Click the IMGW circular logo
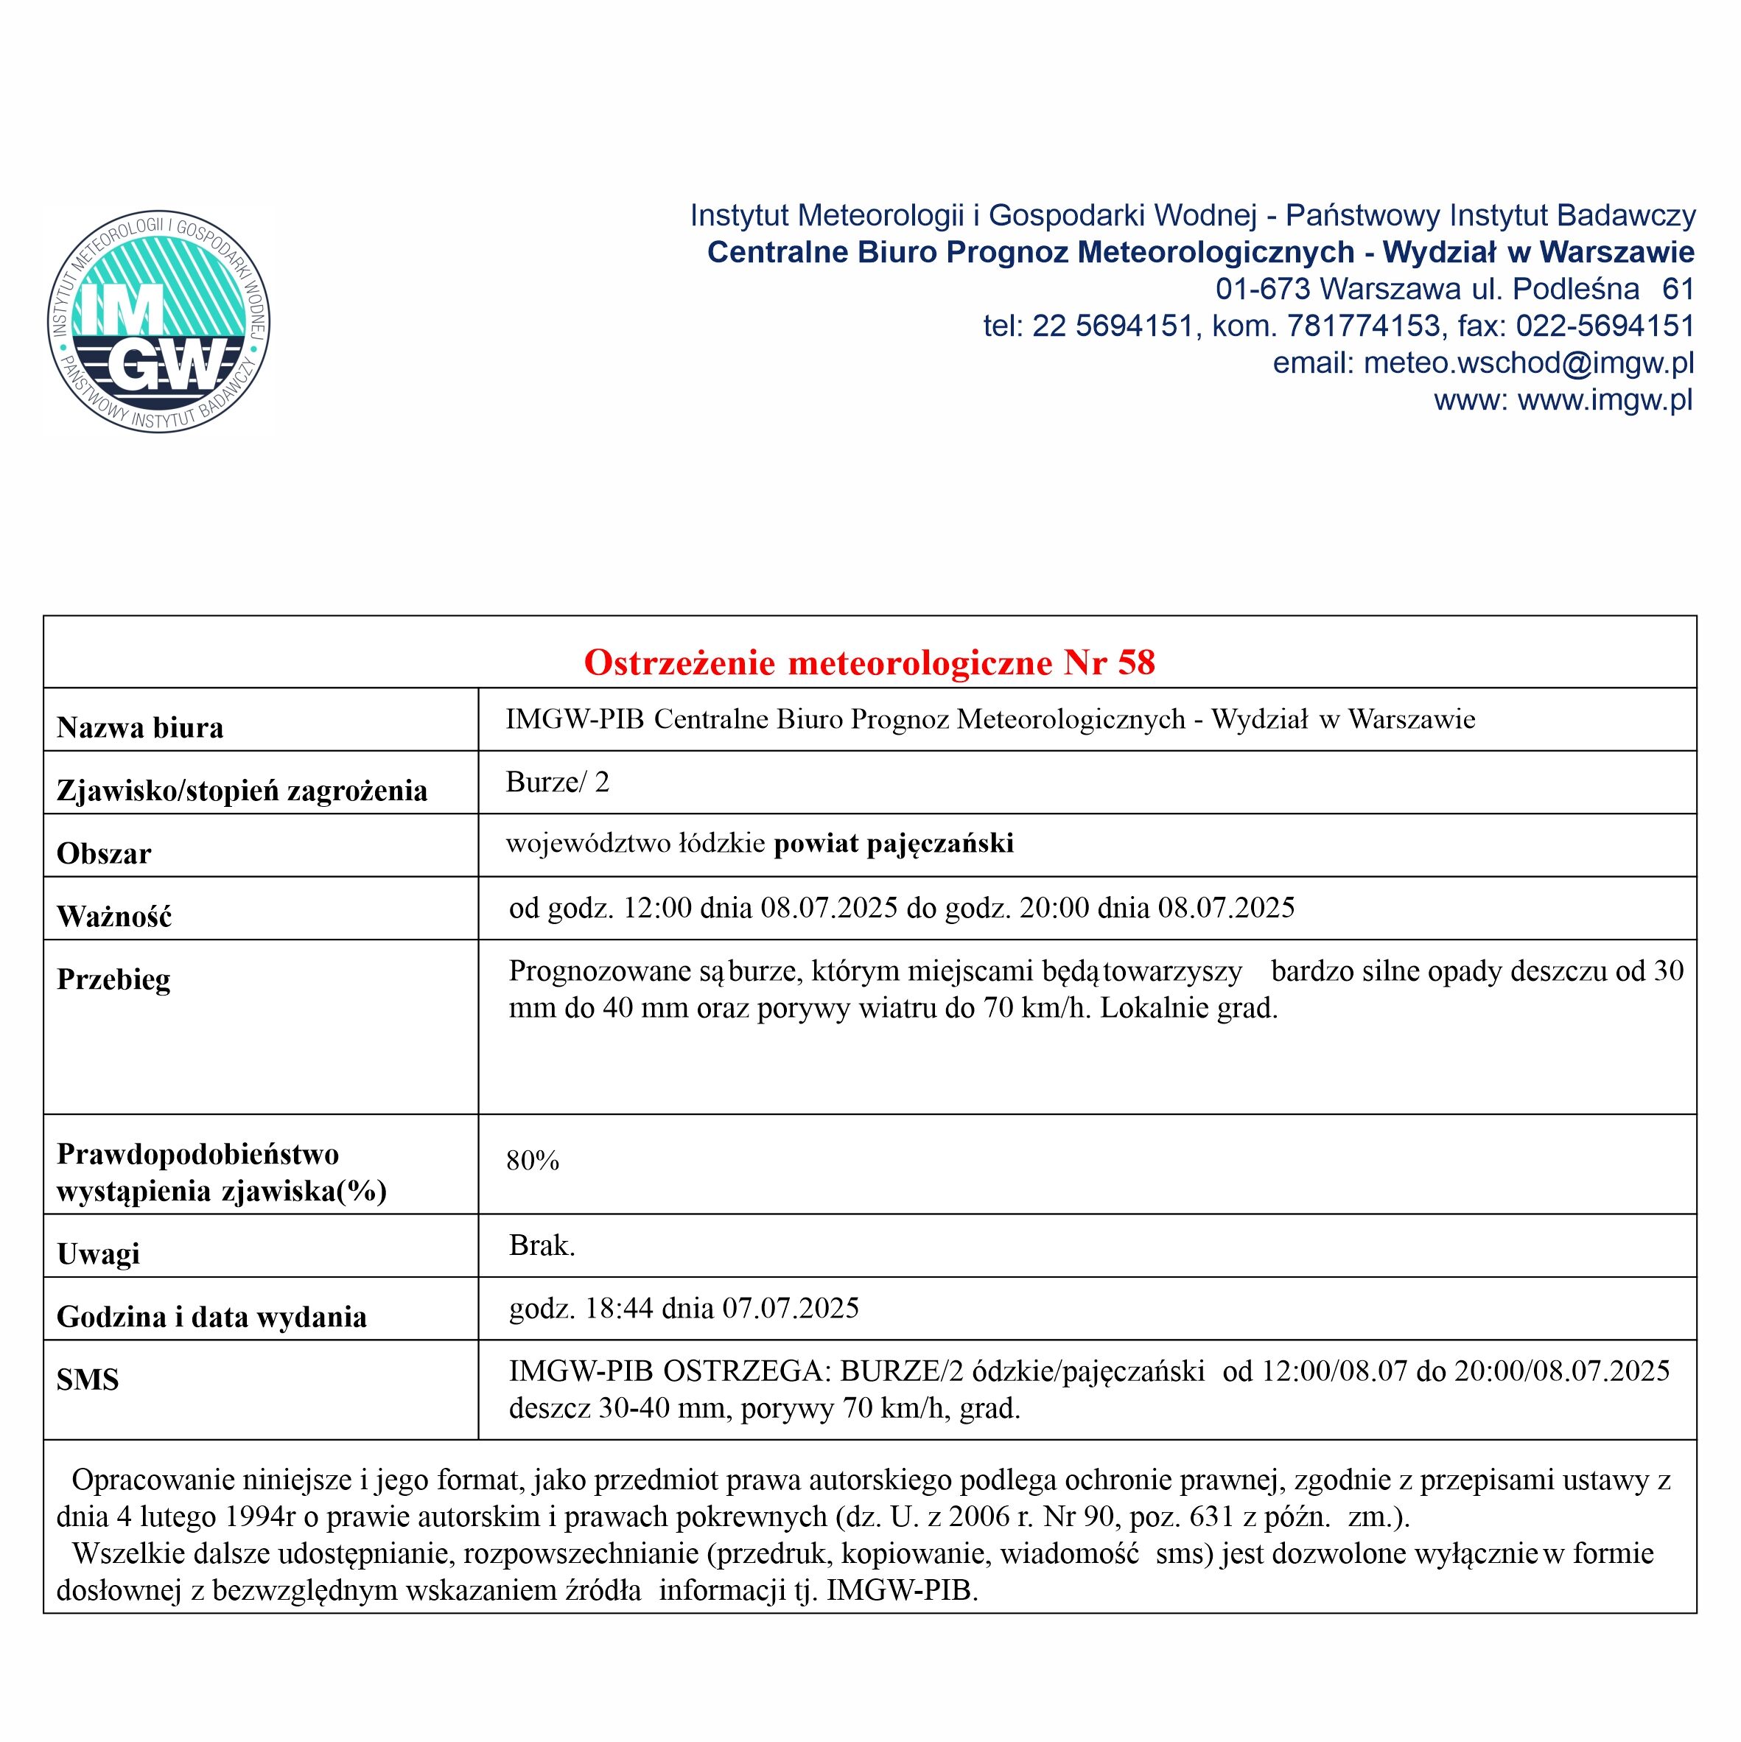click(158, 322)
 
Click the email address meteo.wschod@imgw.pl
click(1528, 363)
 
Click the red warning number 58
click(1136, 662)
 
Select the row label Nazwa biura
click(140, 727)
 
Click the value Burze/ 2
click(557, 782)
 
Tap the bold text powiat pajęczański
click(894, 843)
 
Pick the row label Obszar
click(104, 853)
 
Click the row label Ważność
click(113, 916)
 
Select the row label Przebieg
click(113, 979)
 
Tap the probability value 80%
click(533, 1161)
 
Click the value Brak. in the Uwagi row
click(542, 1245)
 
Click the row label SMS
click(88, 1379)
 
